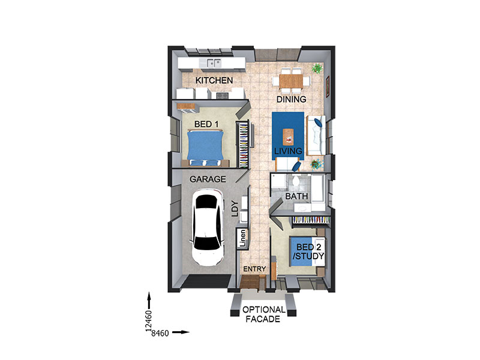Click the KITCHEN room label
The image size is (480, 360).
click(x=214, y=80)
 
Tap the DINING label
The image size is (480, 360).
click(x=291, y=99)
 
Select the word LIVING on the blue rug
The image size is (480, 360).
click(x=288, y=151)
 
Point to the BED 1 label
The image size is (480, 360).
click(x=206, y=124)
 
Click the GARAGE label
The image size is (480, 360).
click(x=208, y=179)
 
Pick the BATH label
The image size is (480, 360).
click(x=296, y=196)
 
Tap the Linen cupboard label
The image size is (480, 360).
click(x=243, y=238)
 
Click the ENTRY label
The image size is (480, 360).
click(x=254, y=269)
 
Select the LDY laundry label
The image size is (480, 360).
click(x=235, y=209)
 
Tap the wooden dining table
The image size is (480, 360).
click(x=290, y=81)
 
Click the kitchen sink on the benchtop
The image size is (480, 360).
click(x=214, y=63)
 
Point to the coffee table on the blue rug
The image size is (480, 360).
click(x=288, y=137)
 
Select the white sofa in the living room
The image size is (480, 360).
click(x=316, y=136)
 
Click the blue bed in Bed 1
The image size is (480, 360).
click(x=205, y=148)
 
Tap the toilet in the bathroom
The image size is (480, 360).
click(x=296, y=181)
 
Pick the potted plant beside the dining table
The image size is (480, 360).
click(x=317, y=68)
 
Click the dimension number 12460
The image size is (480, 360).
click(x=149, y=321)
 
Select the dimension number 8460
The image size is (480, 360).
click(x=160, y=333)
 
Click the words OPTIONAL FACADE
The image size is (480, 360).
click(x=263, y=314)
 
